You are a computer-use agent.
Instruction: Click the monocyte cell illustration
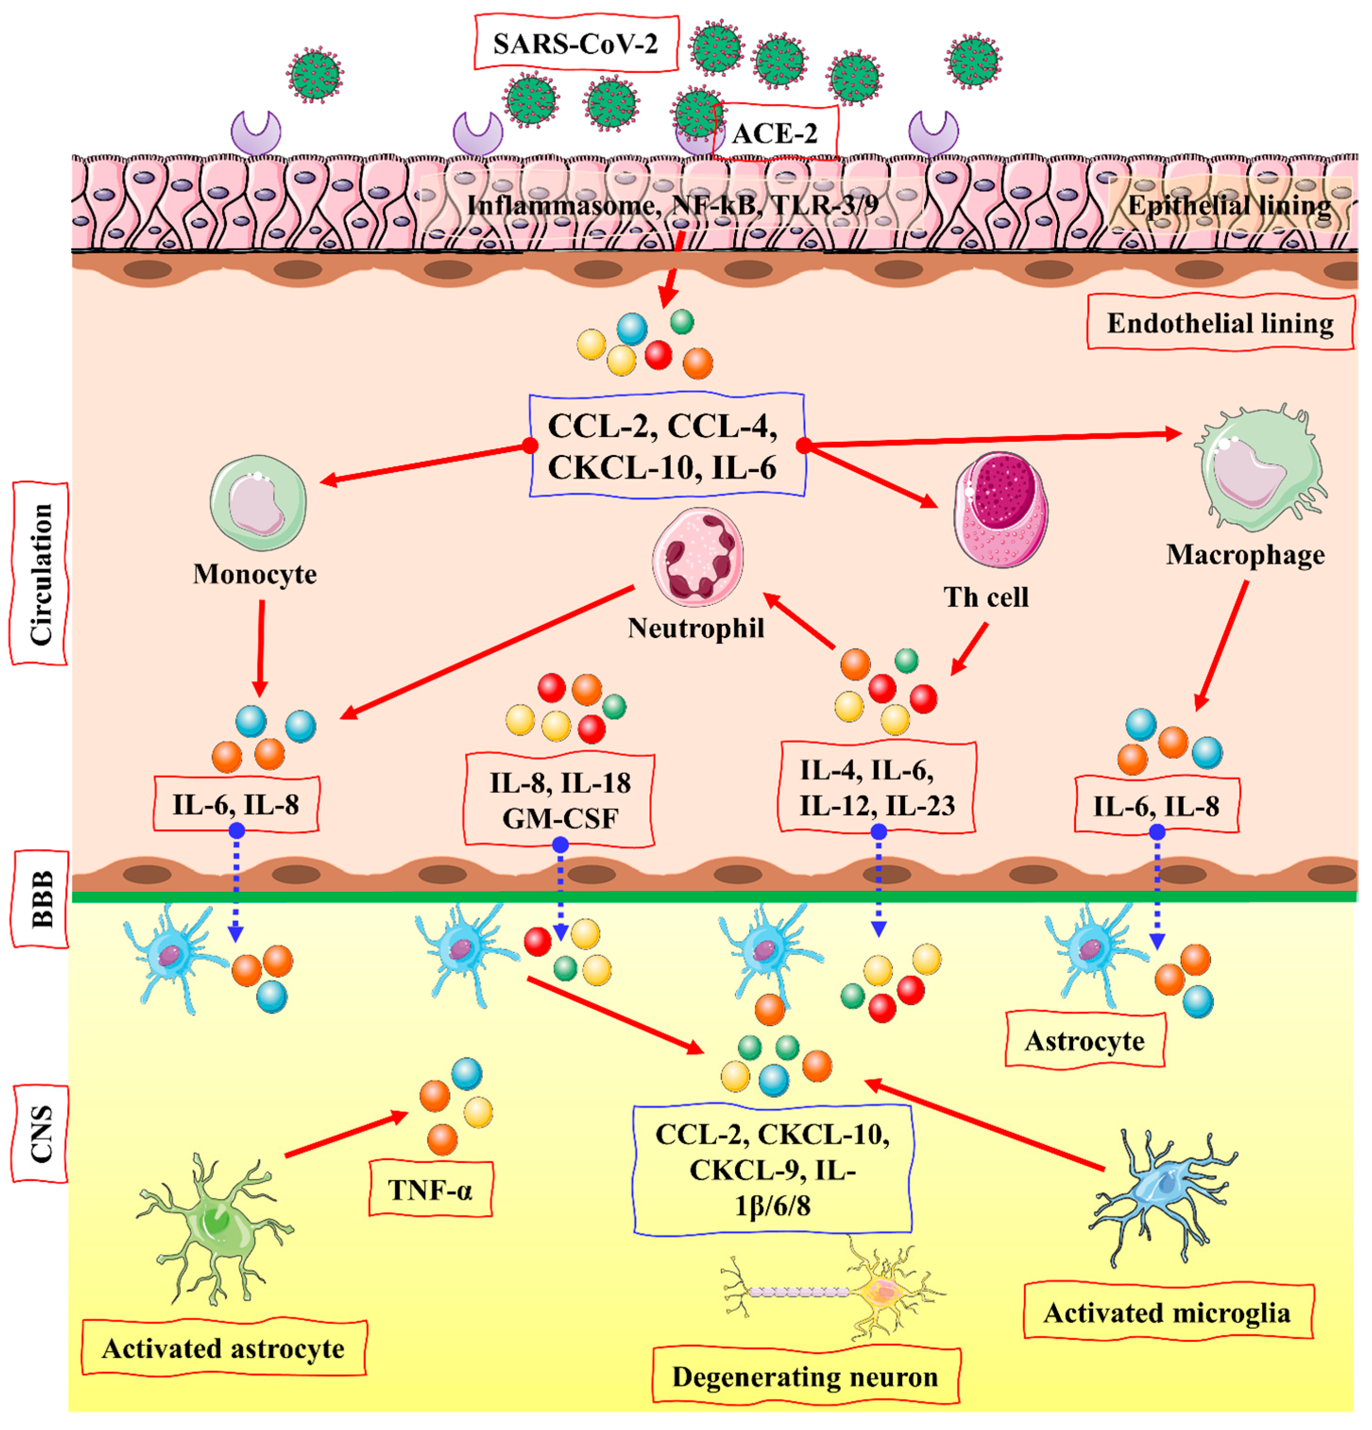click(258, 503)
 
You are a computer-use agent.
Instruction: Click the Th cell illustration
click(1000, 510)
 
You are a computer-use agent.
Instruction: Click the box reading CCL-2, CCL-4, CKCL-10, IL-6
click(666, 446)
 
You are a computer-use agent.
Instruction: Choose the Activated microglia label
click(1167, 1313)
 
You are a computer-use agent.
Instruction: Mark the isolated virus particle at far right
click(973, 60)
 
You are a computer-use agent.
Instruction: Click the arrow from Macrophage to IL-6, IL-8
click(1221, 645)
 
